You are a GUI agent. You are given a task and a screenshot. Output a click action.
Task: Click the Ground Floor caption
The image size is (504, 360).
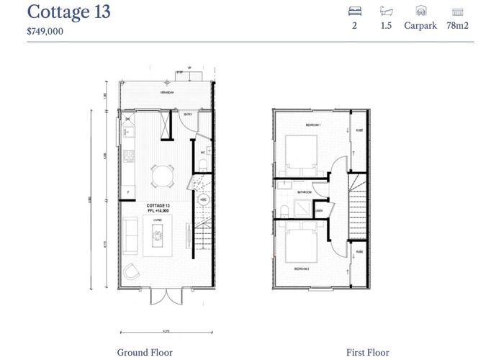tap(145, 352)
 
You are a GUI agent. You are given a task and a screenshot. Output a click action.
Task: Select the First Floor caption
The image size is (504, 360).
tap(367, 352)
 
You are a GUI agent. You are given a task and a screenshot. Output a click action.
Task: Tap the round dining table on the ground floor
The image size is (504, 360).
tap(163, 174)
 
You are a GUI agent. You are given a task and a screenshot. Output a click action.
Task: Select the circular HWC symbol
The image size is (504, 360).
tap(203, 199)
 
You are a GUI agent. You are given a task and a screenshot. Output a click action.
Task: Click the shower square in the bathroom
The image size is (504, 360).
tap(304, 208)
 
